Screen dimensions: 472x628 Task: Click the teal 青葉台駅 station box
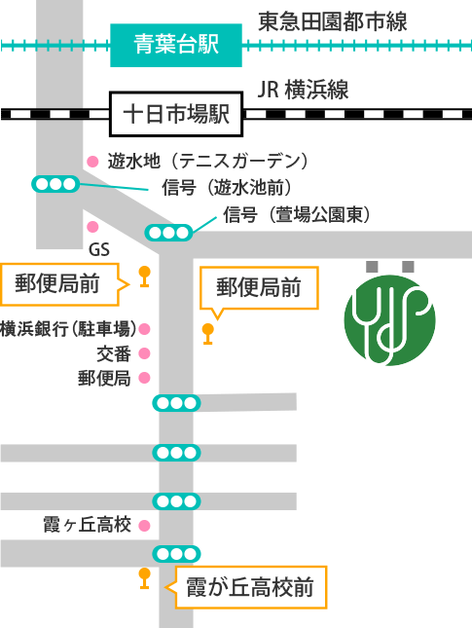[176, 45]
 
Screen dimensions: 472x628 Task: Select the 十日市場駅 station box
[176, 114]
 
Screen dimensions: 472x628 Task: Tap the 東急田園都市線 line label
[333, 21]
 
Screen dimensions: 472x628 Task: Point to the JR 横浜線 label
[303, 90]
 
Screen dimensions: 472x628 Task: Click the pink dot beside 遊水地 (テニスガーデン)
[92, 162]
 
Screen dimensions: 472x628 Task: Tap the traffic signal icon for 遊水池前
[55, 184]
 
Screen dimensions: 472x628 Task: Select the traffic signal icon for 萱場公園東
[168, 233]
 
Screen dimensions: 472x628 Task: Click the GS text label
[99, 250]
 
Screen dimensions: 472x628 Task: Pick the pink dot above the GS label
[92, 227]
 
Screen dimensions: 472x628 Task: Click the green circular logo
[389, 320]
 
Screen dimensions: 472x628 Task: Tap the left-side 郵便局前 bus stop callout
[65, 284]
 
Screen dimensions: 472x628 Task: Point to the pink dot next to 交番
[145, 353]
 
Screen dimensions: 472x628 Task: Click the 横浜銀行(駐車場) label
[68, 329]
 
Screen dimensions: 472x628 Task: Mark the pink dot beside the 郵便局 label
[145, 378]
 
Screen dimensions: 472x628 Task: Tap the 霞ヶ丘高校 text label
[88, 525]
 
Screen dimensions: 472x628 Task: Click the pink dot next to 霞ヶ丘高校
[145, 526]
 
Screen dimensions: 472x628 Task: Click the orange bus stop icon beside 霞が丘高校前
[145, 578]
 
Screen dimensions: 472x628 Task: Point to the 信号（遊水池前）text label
[227, 187]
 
